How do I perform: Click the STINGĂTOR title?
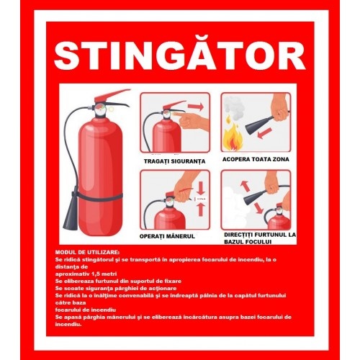[180, 55]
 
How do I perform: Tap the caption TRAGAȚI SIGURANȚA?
[174, 161]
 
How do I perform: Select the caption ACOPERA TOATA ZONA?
[256, 159]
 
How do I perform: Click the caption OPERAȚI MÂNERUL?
[167, 236]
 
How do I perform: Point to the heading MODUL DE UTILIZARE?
[87, 252]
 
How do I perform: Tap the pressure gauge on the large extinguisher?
[99, 109]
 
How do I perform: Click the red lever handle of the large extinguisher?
[111, 95]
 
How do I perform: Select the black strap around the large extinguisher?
[99, 197]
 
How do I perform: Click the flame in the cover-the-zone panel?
[232, 140]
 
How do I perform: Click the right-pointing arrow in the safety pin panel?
[196, 107]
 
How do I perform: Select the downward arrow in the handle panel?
[202, 189]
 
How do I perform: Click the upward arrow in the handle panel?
[201, 210]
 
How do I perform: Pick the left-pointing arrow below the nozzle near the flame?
[265, 133]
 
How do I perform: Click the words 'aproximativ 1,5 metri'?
[86, 274]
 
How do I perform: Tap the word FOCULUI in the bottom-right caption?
[257, 241]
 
